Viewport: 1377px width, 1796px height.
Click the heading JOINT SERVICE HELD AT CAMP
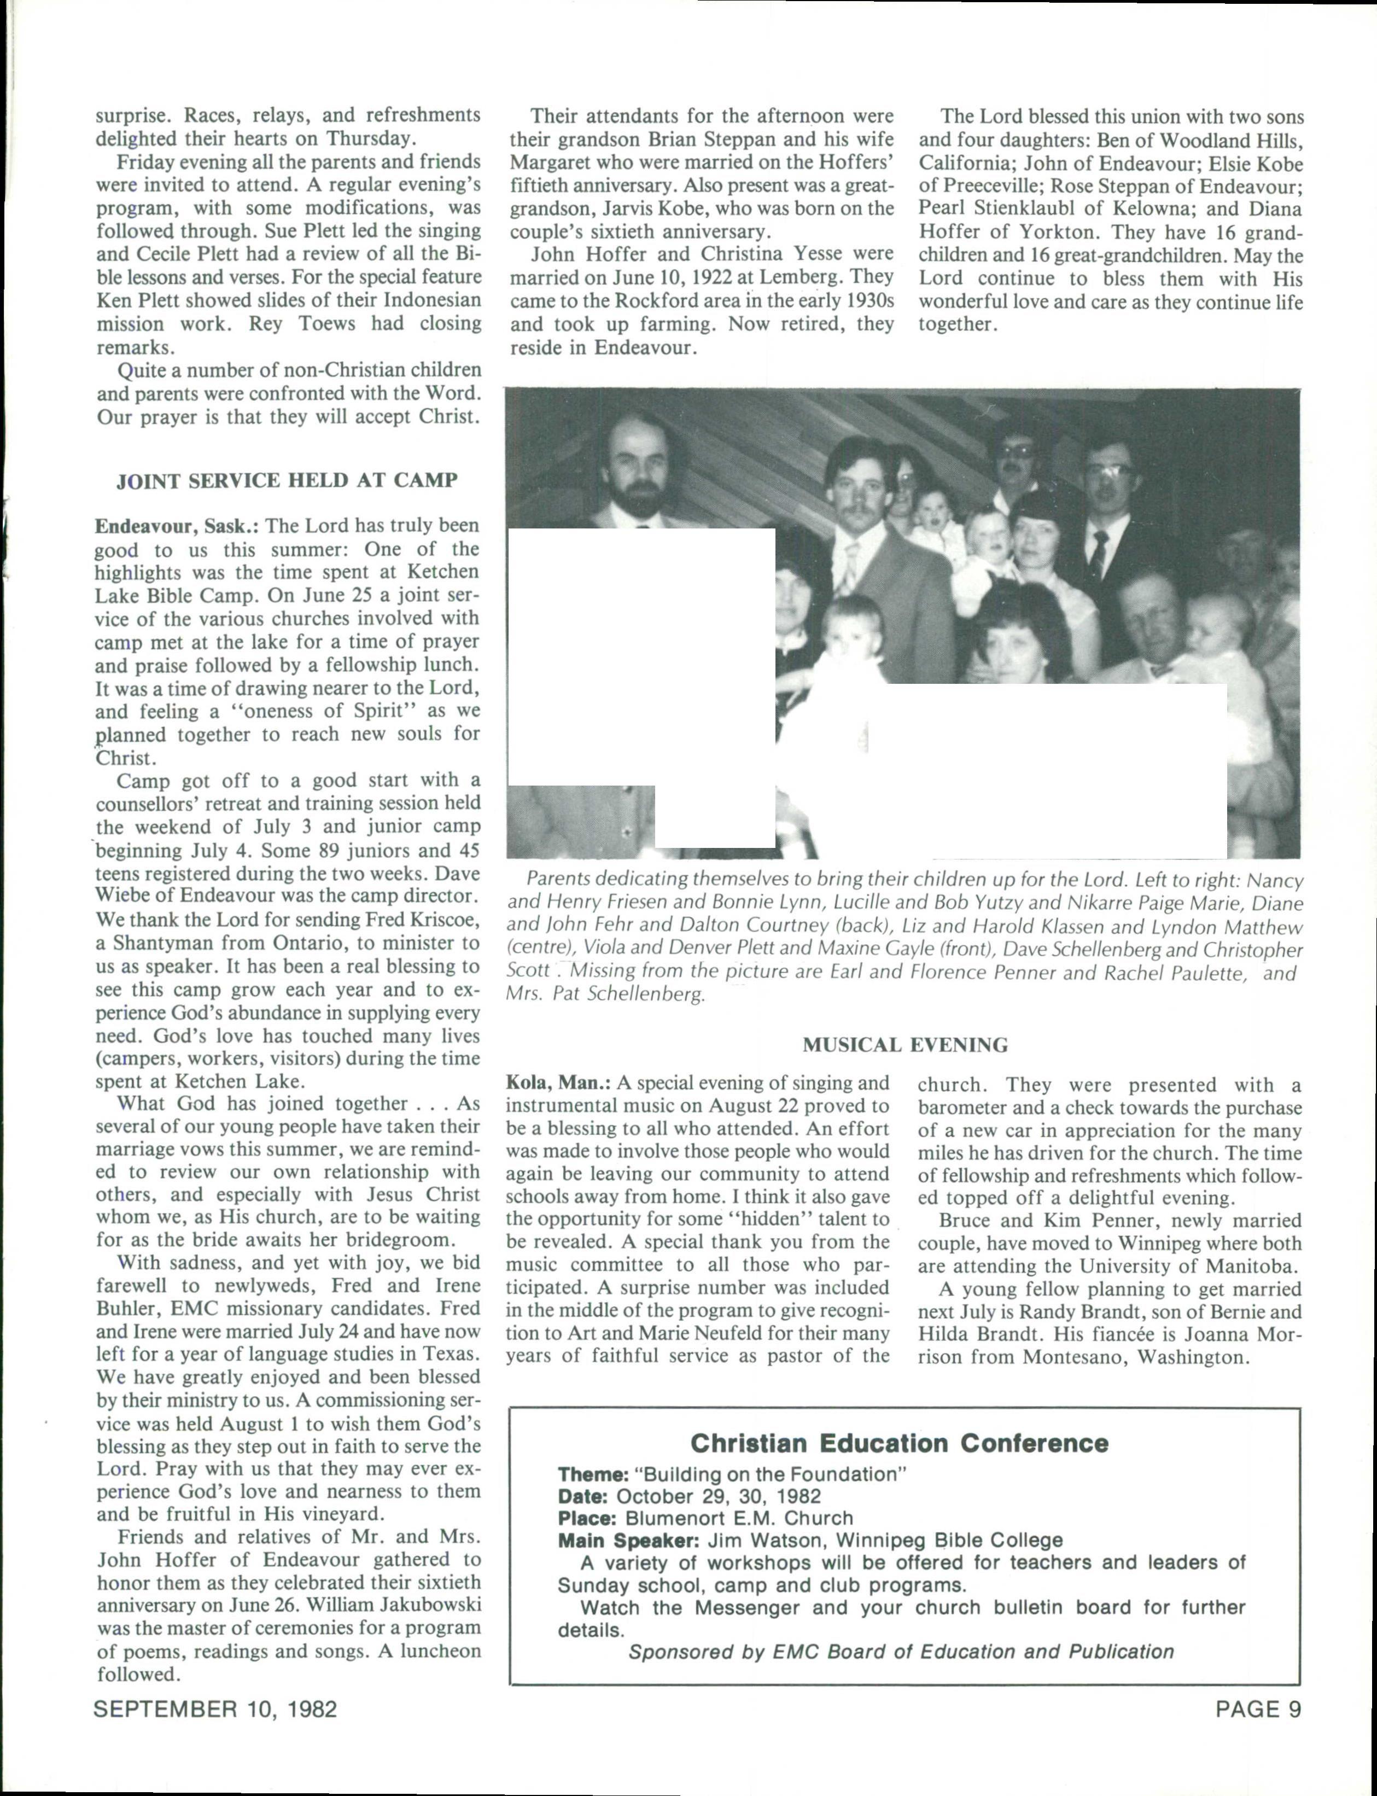click(x=287, y=480)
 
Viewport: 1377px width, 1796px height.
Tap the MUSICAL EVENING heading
click(x=905, y=1045)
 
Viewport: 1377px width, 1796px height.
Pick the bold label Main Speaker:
click(x=628, y=1540)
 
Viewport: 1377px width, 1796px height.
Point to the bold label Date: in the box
click(x=582, y=1496)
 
